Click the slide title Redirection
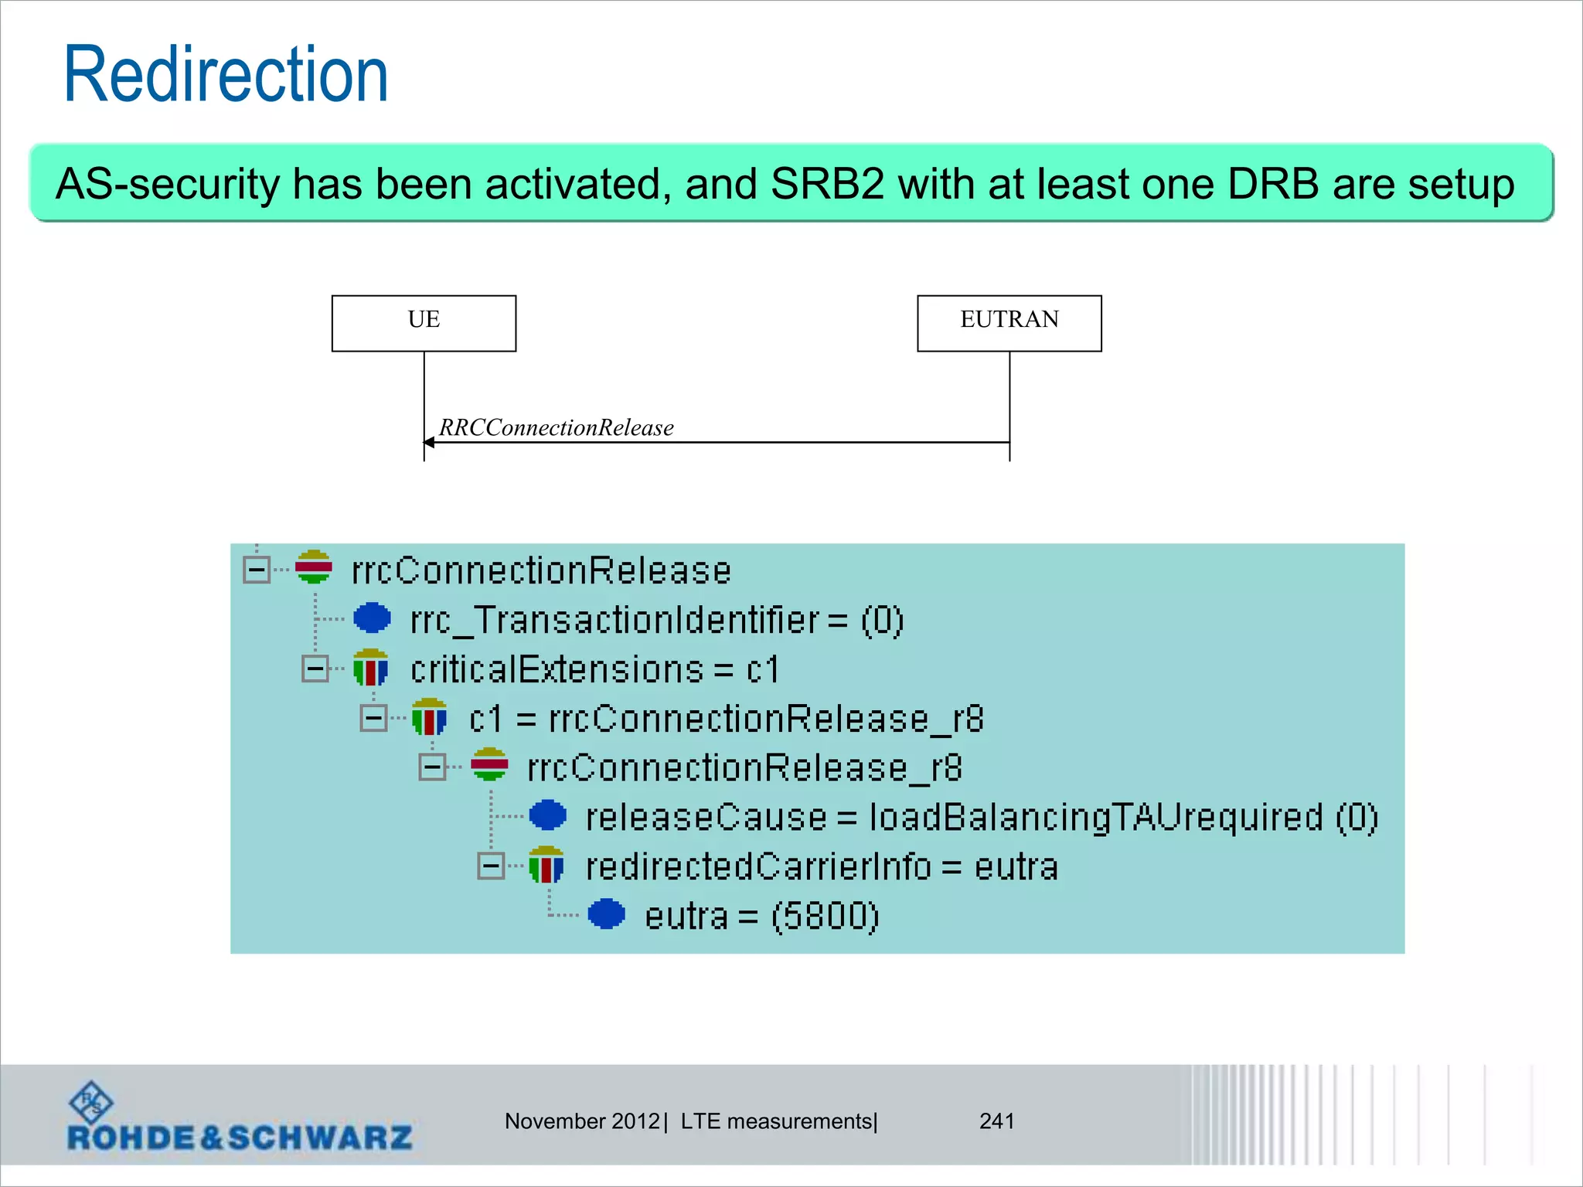tap(226, 75)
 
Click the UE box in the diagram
tap(424, 323)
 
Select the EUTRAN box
tap(1009, 323)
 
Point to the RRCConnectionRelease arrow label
tap(556, 427)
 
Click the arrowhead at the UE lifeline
tap(429, 442)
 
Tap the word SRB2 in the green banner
tap(827, 184)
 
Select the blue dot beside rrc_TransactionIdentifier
tap(372, 618)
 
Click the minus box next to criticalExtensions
tap(315, 668)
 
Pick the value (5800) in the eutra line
tap(825, 917)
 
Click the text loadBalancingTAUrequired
tap(1095, 818)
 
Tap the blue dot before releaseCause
tap(548, 815)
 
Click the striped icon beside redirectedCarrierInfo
tap(546, 866)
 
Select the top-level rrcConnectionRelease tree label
tap(541, 571)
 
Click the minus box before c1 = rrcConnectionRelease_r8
tap(373, 718)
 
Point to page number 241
tap(996, 1121)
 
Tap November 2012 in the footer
tap(582, 1121)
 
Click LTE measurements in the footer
tap(776, 1121)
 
